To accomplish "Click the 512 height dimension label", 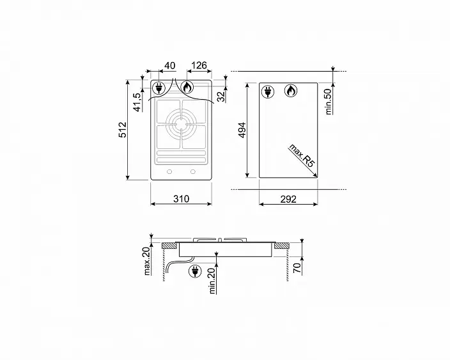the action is pyautogui.click(x=123, y=130).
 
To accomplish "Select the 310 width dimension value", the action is pyautogui.click(x=181, y=199).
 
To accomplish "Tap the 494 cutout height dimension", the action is pyautogui.click(x=242, y=130).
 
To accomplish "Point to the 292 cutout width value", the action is pyautogui.click(x=288, y=199).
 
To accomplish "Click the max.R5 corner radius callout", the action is pyautogui.click(x=302, y=155).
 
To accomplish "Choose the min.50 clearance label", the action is pyautogui.click(x=328, y=101).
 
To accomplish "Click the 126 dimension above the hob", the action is pyautogui.click(x=199, y=65).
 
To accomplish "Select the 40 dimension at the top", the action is pyautogui.click(x=169, y=65).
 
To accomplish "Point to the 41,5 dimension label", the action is pyautogui.click(x=137, y=102).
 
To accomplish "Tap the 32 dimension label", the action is pyautogui.click(x=221, y=97).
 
